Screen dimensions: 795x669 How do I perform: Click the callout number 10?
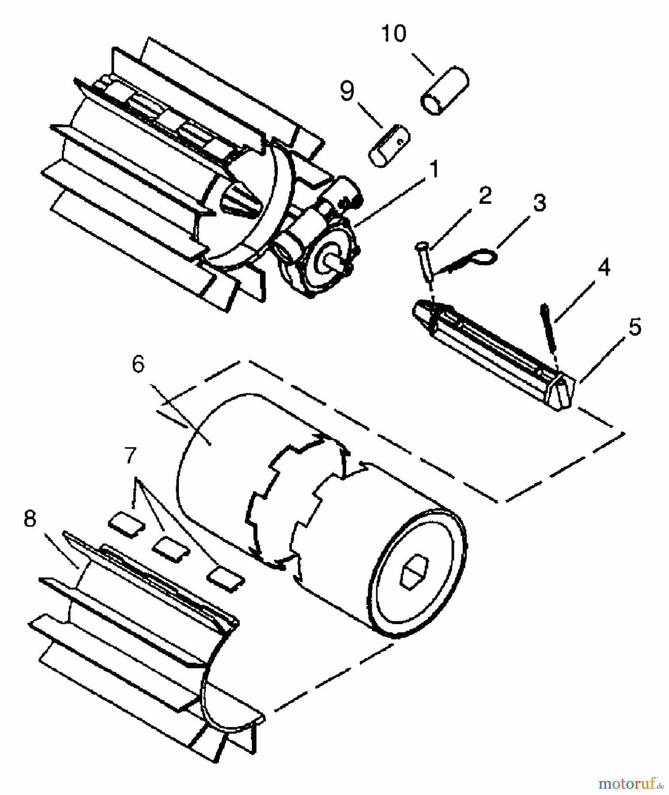pyautogui.click(x=394, y=34)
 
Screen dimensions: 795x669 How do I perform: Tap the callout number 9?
pyautogui.click(x=347, y=91)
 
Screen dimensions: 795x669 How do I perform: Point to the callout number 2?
pyautogui.click(x=485, y=195)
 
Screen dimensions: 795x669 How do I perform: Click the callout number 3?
pyautogui.click(x=539, y=203)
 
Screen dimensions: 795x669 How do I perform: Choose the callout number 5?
pyautogui.click(x=635, y=327)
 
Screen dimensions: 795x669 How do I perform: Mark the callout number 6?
pyautogui.click(x=138, y=365)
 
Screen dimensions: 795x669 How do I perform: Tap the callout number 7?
pyautogui.click(x=130, y=455)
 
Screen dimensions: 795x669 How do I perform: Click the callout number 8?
pyautogui.click(x=30, y=519)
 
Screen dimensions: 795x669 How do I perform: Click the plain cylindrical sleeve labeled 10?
pyautogui.click(x=444, y=91)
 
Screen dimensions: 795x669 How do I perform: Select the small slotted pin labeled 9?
pyautogui.click(x=389, y=146)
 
